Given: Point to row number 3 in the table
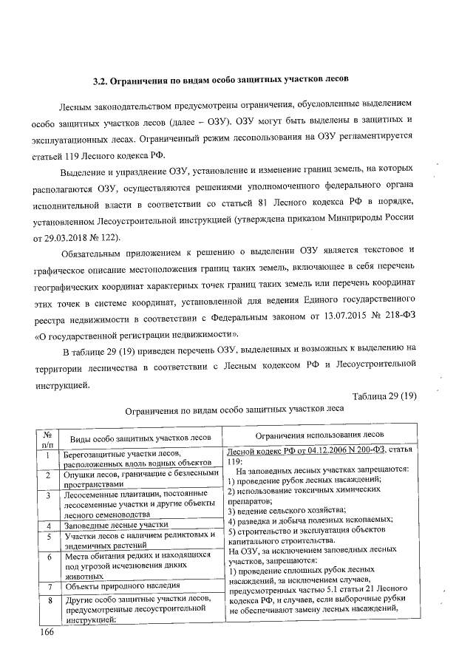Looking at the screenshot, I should [x=47, y=495].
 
